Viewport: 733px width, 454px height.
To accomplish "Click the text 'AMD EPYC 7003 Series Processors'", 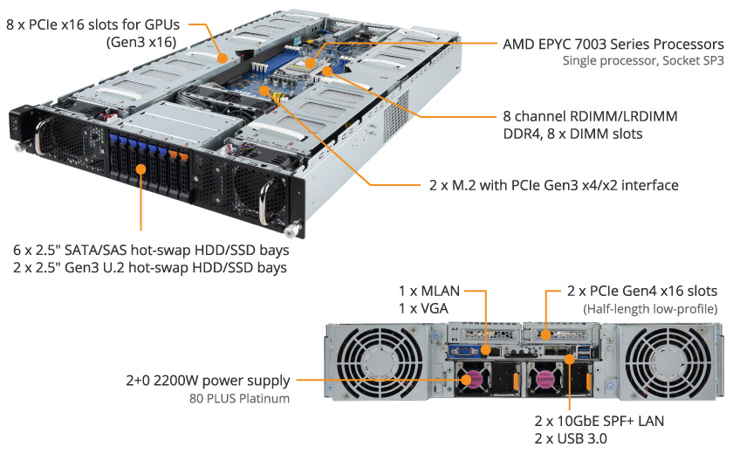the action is (x=613, y=45).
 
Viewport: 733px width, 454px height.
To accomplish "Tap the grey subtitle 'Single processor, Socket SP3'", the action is (x=643, y=61).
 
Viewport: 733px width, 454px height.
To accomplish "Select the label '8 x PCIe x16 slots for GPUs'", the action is (x=93, y=24).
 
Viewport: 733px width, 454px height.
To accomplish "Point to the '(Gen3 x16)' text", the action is (x=141, y=42).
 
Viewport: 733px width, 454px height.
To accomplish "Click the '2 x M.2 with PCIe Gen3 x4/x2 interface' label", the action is (x=553, y=185).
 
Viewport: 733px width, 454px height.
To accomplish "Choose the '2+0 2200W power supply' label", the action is (x=208, y=381).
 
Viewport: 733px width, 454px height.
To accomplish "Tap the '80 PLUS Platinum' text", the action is (x=239, y=398).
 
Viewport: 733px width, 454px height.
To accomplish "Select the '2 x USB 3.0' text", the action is (x=571, y=438).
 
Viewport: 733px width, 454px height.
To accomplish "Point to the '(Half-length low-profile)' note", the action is (x=650, y=309).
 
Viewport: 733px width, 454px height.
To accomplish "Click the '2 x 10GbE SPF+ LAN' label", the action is (x=599, y=421).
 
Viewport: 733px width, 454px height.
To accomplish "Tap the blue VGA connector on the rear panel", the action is (x=464, y=351).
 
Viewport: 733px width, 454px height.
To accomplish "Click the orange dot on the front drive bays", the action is (x=140, y=169).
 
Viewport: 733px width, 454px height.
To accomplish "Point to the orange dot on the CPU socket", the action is (x=310, y=63).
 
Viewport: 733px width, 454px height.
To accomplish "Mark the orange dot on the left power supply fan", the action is (x=466, y=380).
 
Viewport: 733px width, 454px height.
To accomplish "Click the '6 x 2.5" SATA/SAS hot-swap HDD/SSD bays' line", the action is (x=151, y=251).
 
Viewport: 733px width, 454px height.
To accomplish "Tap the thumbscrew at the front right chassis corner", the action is (x=293, y=230).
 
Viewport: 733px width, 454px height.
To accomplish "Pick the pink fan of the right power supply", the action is (x=545, y=379).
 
